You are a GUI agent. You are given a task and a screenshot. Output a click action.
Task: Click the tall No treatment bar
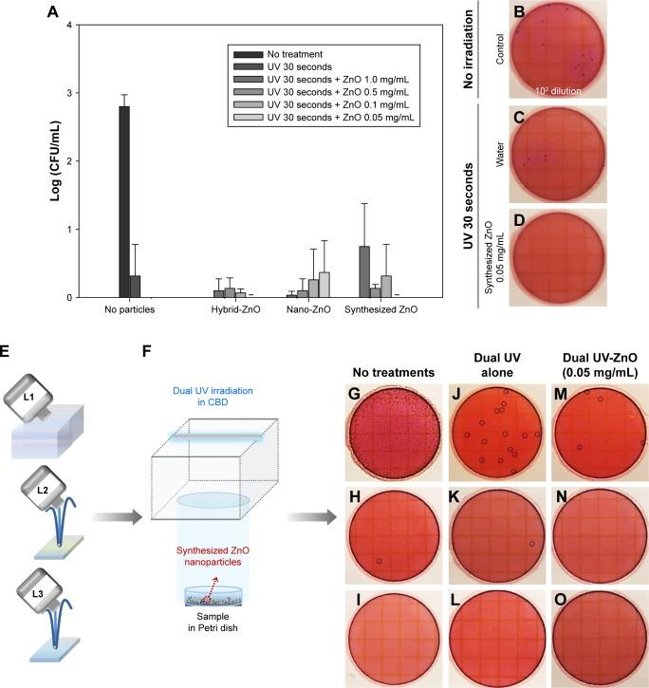pyautogui.click(x=124, y=201)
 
